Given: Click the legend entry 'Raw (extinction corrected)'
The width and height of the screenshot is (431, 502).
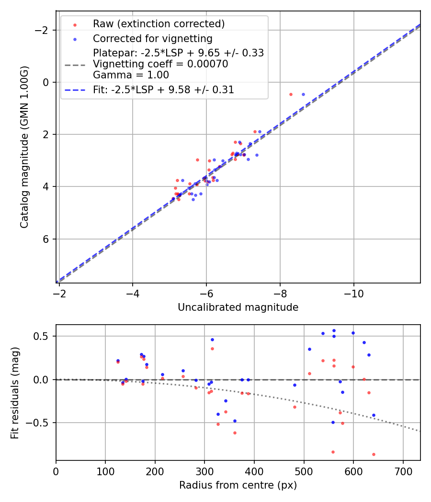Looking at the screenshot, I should coord(159,24).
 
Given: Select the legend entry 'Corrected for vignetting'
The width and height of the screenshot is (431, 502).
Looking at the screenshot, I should coord(152,38).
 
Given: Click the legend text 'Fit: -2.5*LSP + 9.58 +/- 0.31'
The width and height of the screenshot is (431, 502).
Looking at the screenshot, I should coord(163,90).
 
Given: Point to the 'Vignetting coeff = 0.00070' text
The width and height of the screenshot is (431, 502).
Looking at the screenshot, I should coord(160,64).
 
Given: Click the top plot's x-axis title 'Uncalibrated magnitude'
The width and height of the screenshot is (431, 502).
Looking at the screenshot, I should coord(238,307).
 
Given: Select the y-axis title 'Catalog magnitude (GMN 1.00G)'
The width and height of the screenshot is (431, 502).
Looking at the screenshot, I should coord(25,147).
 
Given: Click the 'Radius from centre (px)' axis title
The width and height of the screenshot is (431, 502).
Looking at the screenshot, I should coord(238,485).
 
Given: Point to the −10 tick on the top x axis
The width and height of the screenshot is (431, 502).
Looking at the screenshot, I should coord(353,291).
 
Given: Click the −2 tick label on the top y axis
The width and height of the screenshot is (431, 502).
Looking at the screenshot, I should coord(43,30).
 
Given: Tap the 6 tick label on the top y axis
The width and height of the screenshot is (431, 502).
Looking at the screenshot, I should coord(46,239).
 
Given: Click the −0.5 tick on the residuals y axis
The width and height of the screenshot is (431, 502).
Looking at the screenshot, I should coord(41,423).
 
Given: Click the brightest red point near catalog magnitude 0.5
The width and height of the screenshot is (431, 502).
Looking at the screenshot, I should coord(291,94).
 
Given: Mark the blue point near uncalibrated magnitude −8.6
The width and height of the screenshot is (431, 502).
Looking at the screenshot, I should coord(303,94).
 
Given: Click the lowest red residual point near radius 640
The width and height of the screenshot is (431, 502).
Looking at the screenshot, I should coord(374,454).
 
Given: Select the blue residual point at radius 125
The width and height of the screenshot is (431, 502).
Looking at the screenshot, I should coord(118,360).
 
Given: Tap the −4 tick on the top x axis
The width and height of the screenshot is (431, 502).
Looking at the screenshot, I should coord(133,291).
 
